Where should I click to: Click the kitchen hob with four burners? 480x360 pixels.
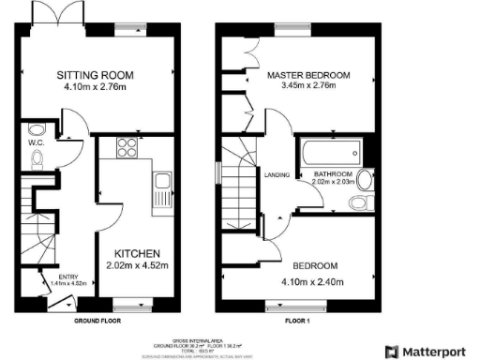click(x=125, y=147)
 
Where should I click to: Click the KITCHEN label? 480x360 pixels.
click(x=138, y=253)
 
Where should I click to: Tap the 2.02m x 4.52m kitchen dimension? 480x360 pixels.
click(x=138, y=266)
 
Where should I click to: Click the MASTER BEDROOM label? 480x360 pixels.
click(x=307, y=74)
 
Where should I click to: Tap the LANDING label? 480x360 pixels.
click(x=276, y=175)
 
